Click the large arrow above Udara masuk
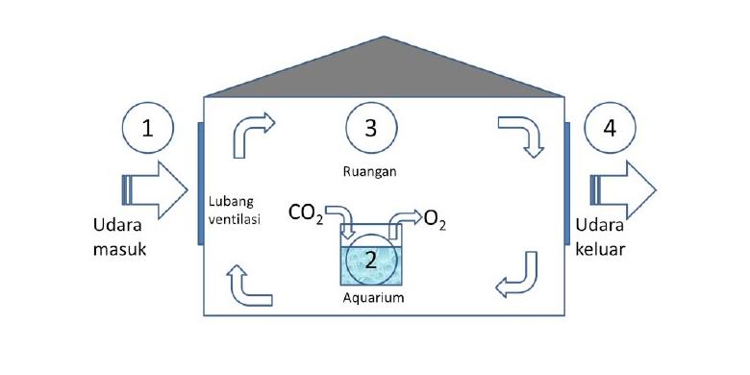pyautogui.click(x=154, y=189)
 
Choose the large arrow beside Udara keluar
pyautogui.click(x=623, y=189)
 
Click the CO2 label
pyautogui.click(x=306, y=213)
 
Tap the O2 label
pyautogui.click(x=435, y=221)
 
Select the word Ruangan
pyautogui.click(x=370, y=172)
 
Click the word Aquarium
pyautogui.click(x=374, y=297)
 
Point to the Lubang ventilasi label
pyautogui.click(x=235, y=211)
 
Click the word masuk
pyautogui.click(x=119, y=249)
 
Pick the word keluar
pyautogui.click(x=600, y=249)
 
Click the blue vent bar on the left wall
pyautogui.click(x=201, y=184)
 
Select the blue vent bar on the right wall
pyautogui.click(x=566, y=184)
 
